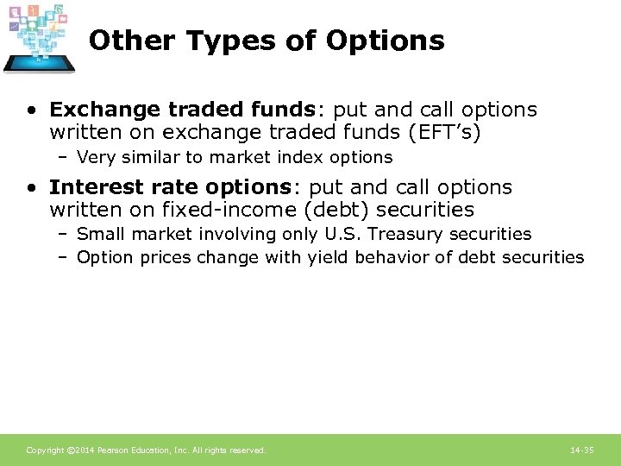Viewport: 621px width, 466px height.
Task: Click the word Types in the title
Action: (242, 41)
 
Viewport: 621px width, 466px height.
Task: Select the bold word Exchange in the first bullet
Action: (93, 110)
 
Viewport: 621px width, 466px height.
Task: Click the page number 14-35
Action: (582, 450)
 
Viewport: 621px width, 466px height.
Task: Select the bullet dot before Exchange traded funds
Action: (31, 110)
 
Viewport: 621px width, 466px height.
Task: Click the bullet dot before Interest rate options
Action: (31, 188)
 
